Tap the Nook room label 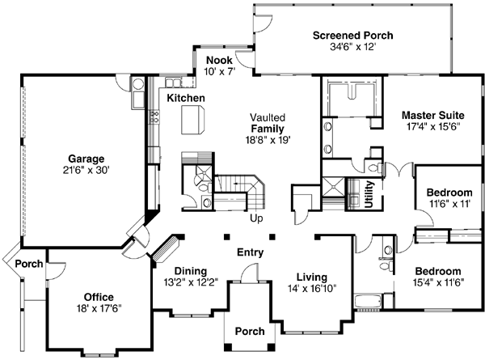click(219, 61)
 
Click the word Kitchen click(186, 98)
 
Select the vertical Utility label click(369, 194)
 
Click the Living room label click(310, 276)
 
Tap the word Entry click(250, 253)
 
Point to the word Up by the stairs click(257, 218)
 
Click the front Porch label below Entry click(249, 332)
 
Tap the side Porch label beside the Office click(29, 264)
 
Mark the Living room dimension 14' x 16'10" click(310, 287)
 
